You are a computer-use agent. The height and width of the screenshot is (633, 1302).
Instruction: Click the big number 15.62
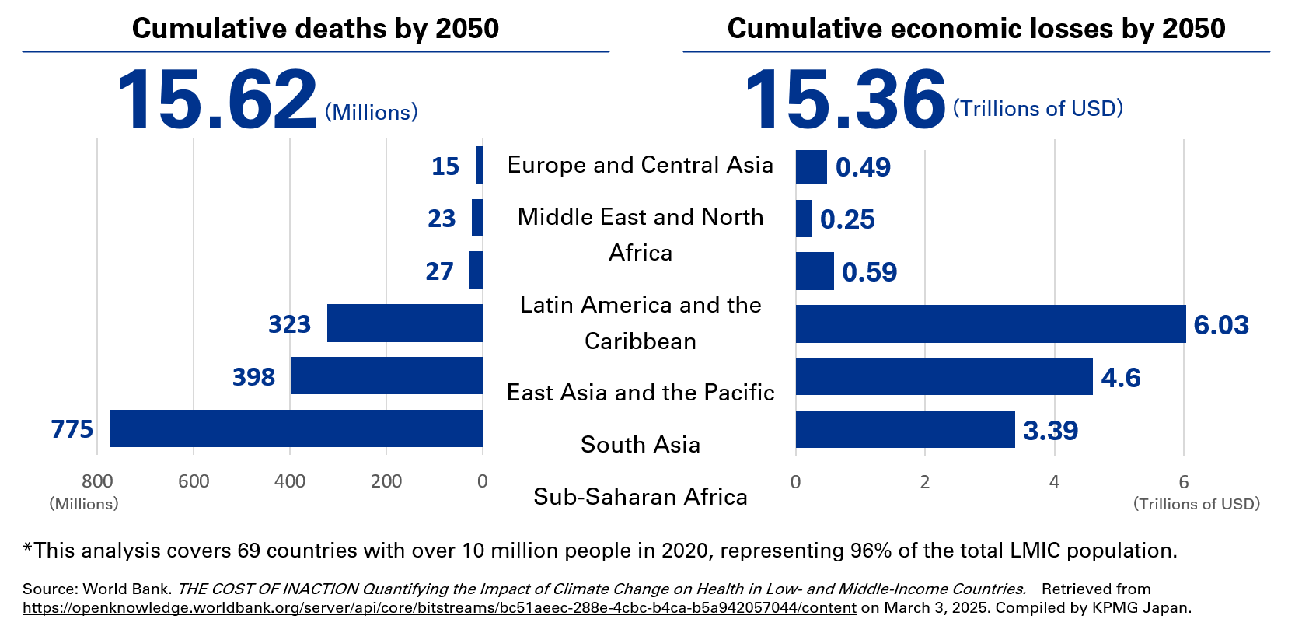point(216,100)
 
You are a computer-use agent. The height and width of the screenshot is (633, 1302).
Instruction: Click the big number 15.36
point(844,100)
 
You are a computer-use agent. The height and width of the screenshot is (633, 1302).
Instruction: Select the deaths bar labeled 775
point(295,428)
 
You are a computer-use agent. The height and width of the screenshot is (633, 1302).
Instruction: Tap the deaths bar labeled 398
point(386,376)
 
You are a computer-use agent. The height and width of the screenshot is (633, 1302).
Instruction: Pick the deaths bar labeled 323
point(404,323)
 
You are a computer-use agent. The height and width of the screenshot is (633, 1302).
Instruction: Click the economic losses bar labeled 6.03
point(990,323)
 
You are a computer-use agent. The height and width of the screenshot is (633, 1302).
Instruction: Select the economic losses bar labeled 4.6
point(944,376)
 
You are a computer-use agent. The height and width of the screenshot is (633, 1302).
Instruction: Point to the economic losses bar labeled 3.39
point(905,429)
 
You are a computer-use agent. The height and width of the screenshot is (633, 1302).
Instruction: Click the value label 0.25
point(847,219)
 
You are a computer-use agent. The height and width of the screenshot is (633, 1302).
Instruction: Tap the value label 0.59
point(869,272)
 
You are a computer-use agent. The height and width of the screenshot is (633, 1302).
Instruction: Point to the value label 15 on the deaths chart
point(445,166)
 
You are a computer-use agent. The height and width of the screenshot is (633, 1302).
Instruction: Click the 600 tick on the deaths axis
point(194,481)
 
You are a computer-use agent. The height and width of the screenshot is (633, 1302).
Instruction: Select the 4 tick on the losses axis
point(1054,482)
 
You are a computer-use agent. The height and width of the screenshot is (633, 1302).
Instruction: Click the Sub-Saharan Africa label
point(641,496)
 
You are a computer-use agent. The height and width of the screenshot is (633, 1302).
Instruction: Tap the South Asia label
point(641,444)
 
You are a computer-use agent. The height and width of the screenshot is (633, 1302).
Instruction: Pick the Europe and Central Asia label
point(641,165)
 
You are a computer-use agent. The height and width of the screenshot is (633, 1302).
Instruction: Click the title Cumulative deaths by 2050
point(316,29)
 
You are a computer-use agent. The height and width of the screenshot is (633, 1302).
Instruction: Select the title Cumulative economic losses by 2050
point(976,29)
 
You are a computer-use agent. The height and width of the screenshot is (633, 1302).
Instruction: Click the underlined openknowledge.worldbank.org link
point(439,608)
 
